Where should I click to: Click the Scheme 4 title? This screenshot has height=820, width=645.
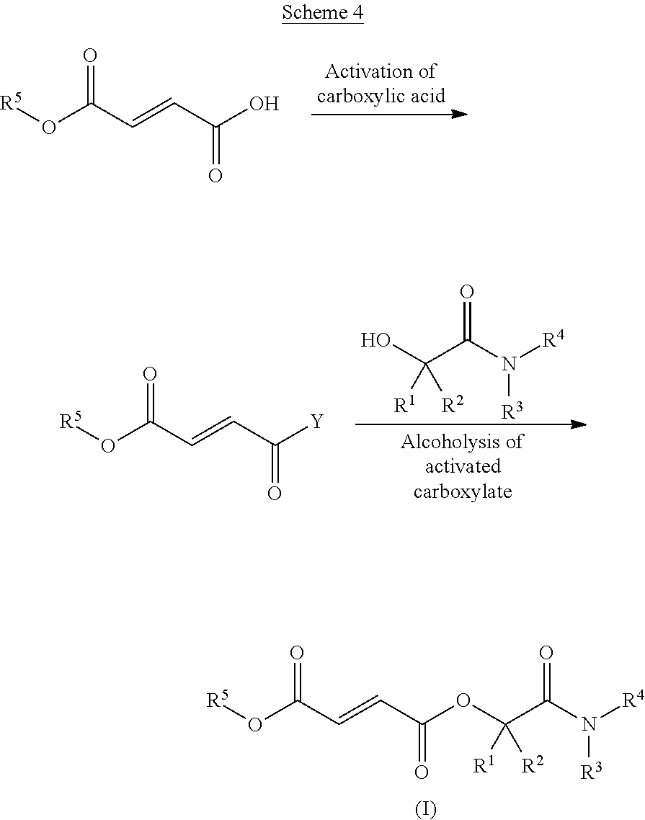[x=323, y=12]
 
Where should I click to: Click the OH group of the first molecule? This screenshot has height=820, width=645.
[x=264, y=104]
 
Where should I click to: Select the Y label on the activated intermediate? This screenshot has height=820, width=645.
[x=316, y=421]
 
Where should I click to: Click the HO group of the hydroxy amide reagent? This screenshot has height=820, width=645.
[x=375, y=340]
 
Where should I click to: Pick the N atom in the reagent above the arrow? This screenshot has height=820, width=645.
[x=509, y=363]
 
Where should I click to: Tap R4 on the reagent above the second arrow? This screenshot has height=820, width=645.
[x=553, y=339]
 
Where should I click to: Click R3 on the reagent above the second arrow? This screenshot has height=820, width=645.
[x=512, y=411]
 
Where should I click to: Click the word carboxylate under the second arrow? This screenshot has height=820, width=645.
[x=463, y=491]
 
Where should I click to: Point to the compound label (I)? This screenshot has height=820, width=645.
[x=425, y=809]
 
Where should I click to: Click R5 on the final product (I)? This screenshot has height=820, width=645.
[x=218, y=699]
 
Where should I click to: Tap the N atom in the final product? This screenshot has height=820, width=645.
[x=589, y=723]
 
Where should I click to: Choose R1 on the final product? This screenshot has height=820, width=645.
[x=484, y=766]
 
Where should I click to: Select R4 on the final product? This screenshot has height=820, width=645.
[x=633, y=699]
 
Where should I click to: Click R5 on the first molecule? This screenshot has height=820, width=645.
[x=11, y=102]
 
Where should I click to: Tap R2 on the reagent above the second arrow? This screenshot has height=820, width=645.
[x=453, y=404]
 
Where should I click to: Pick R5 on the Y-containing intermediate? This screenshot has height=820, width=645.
[x=71, y=420]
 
